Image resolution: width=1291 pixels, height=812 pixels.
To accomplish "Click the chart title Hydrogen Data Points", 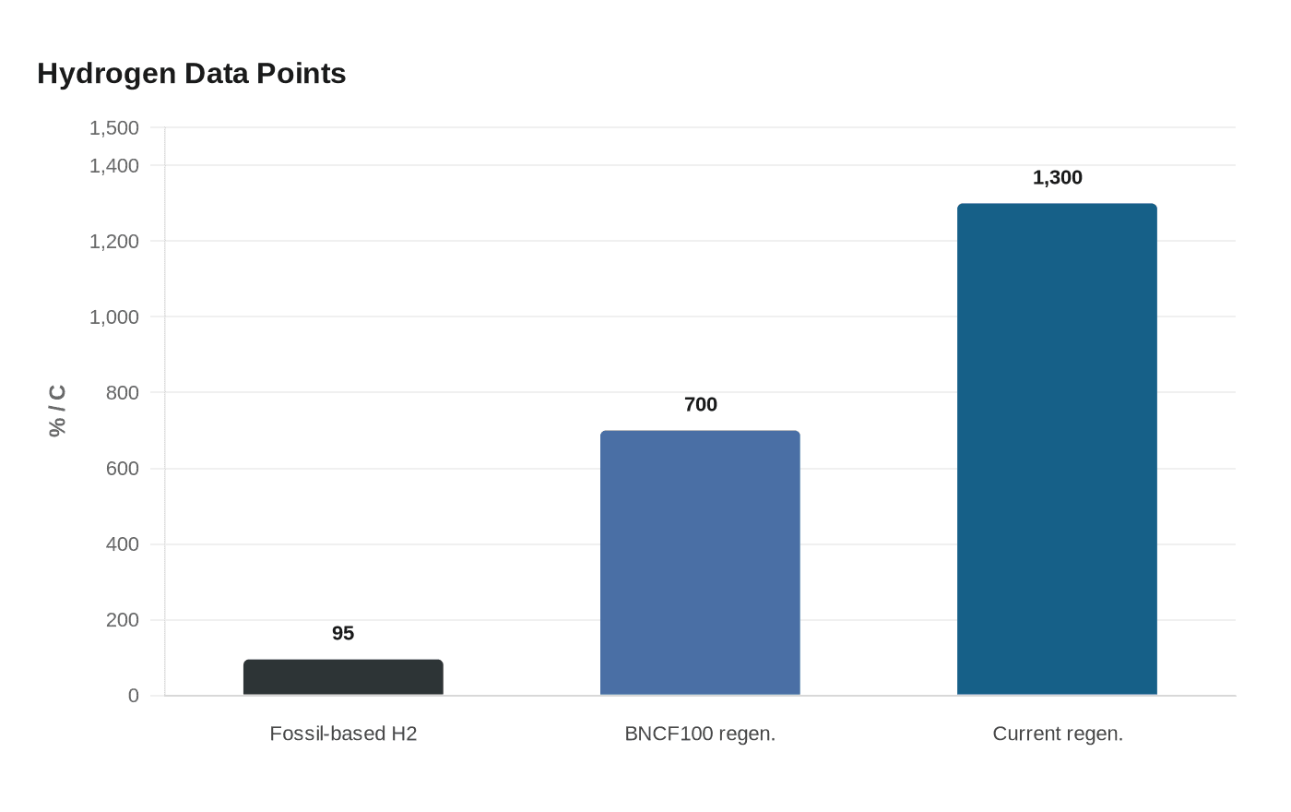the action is [x=192, y=74].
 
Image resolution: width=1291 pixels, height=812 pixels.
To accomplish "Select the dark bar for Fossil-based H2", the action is [x=343, y=677].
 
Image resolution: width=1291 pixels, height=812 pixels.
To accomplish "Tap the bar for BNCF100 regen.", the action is [x=700, y=562].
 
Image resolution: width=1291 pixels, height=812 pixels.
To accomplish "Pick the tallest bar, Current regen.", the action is [x=1057, y=448].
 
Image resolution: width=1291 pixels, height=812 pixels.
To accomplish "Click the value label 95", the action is [x=343, y=633].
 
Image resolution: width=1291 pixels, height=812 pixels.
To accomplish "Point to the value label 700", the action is [x=700, y=404].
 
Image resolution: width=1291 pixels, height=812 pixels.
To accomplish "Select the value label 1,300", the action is [x=1057, y=177].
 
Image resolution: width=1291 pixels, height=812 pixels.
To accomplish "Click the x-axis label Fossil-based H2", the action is [x=343, y=734].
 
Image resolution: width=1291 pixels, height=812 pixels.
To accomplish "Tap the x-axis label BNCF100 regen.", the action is [x=700, y=734].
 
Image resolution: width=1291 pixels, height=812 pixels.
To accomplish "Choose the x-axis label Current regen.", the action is [x=1058, y=734].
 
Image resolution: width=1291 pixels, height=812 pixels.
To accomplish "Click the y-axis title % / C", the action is [x=57, y=412].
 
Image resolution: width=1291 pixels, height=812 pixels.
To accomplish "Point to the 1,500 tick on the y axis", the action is [x=114, y=128].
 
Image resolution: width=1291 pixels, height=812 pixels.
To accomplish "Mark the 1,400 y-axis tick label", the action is [x=114, y=166].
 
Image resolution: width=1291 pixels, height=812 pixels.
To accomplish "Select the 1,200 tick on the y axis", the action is [x=114, y=242].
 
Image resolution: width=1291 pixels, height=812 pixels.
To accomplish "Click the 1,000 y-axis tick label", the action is [x=114, y=317].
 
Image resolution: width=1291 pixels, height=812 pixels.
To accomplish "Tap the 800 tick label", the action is [x=122, y=393].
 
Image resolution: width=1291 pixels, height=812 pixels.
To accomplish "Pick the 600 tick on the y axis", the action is [x=122, y=469].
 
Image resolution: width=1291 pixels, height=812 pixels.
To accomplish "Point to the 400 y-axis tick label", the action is [x=122, y=543].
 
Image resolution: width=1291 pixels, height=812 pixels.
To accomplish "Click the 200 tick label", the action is [x=122, y=620].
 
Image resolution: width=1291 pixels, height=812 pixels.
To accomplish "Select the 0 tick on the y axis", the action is [x=133, y=696].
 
